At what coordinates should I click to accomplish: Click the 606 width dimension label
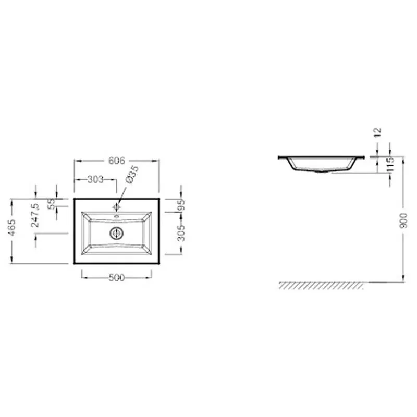tap(116, 161)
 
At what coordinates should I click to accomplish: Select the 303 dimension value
tap(95, 179)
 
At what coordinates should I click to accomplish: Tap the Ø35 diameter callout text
tap(132, 175)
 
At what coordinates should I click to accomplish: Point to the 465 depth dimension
tap(12, 228)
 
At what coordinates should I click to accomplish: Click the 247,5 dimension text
tap(35, 215)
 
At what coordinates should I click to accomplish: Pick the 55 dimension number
tap(52, 204)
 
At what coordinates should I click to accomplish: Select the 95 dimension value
tap(181, 205)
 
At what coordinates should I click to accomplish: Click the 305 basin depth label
tap(181, 233)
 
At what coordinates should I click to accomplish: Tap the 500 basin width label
tap(116, 278)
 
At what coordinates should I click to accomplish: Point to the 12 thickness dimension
tap(378, 132)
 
